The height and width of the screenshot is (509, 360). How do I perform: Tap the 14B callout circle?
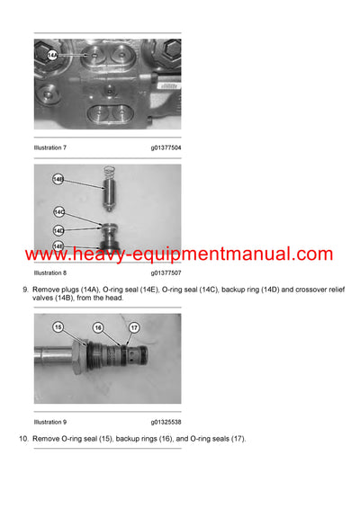(58, 179)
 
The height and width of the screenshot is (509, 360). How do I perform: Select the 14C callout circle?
(58, 212)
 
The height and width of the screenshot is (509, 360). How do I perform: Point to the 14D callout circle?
(58, 231)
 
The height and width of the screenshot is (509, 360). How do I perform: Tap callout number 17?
(133, 328)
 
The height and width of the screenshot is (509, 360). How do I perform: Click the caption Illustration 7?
(50, 147)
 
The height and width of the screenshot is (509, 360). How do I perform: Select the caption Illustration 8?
(50, 272)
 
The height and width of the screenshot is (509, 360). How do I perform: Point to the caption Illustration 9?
(50, 420)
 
